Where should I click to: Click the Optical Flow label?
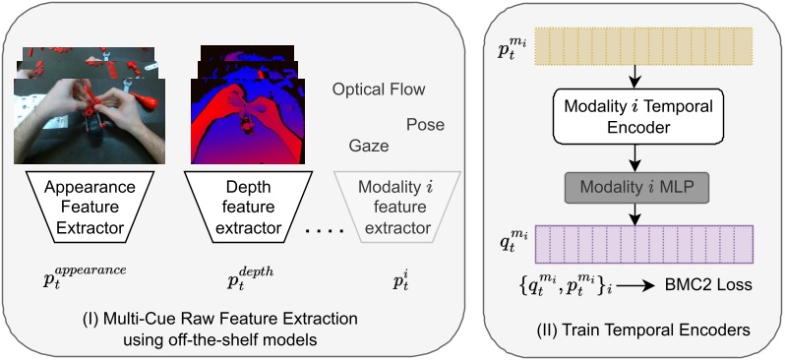coord(379,90)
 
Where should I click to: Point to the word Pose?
coord(425,125)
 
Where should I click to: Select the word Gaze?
coord(369,146)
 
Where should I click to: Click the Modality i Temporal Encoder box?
coord(636,114)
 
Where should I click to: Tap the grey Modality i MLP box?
coord(636,187)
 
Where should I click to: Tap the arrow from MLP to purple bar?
coord(636,212)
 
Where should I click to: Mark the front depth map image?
coord(242,122)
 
